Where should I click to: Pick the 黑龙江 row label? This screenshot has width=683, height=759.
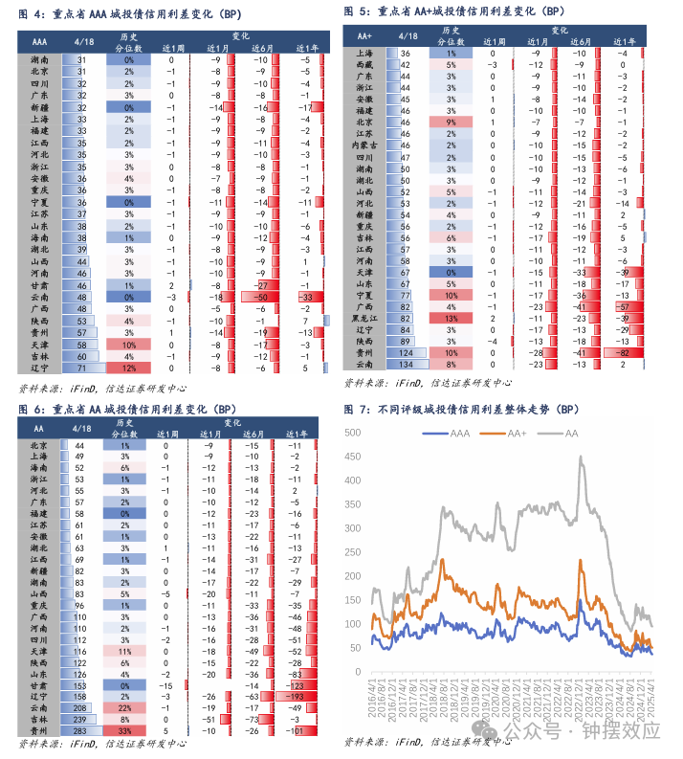pos(364,318)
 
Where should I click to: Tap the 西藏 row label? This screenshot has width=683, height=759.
pos(364,64)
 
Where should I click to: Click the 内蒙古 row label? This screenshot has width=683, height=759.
pos(364,145)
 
